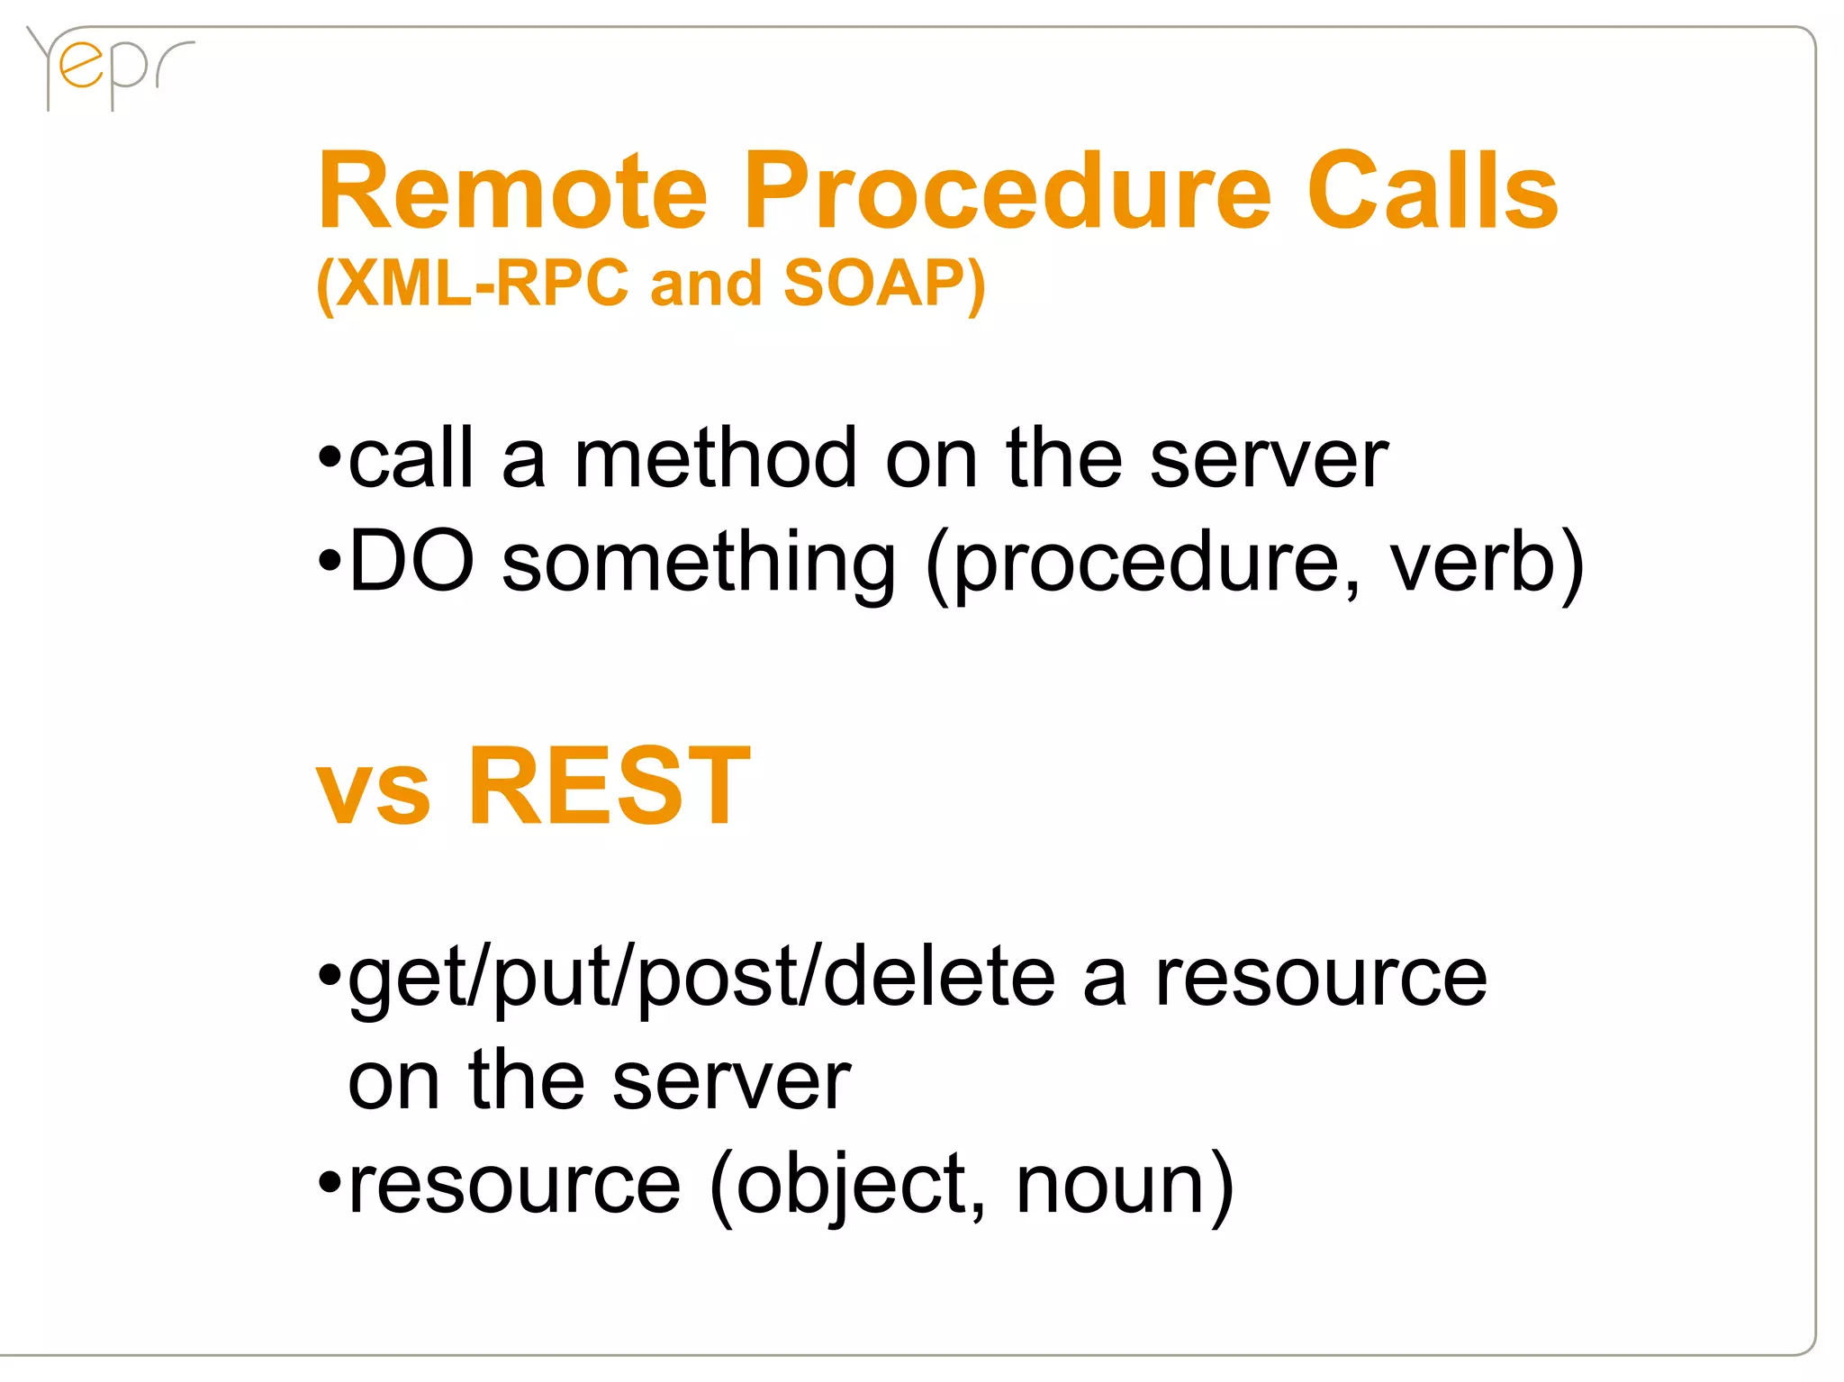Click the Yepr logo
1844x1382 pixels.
coord(108,68)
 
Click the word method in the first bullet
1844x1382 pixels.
coord(716,459)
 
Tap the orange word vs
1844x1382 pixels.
coord(373,792)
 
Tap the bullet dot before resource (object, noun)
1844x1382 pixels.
coord(330,1181)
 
